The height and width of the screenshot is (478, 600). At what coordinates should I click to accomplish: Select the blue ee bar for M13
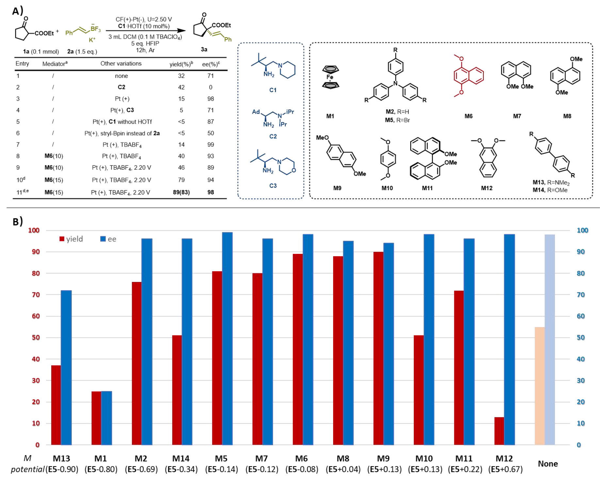click(66, 367)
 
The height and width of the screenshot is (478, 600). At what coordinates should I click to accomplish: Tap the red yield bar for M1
click(96, 418)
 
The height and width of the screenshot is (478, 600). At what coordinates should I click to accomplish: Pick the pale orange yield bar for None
click(540, 386)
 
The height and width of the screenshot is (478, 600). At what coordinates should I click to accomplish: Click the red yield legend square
click(62, 239)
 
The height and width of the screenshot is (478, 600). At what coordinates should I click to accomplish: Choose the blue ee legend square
click(103, 239)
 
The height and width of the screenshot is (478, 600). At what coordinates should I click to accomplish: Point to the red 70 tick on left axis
click(36, 295)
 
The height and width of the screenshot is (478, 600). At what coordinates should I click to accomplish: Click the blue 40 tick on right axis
click(580, 359)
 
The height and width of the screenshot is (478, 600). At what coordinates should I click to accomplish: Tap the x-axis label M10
click(424, 458)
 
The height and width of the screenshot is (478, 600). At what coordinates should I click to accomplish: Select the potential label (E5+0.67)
click(505, 469)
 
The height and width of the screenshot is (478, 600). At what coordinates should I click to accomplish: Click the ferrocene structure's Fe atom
click(330, 77)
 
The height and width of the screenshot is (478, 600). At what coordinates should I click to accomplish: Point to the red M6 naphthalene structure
click(468, 76)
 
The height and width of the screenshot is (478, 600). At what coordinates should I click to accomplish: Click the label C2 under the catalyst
click(273, 136)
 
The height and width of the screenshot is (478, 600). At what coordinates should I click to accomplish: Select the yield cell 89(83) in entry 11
click(181, 192)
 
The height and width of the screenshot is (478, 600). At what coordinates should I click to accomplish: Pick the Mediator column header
click(55, 64)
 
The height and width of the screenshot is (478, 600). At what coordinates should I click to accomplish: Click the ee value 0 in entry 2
click(211, 87)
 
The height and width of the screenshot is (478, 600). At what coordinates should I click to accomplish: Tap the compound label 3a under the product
click(204, 49)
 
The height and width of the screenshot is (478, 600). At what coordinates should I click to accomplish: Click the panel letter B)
click(18, 222)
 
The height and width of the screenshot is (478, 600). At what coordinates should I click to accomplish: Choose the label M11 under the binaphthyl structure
click(427, 188)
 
